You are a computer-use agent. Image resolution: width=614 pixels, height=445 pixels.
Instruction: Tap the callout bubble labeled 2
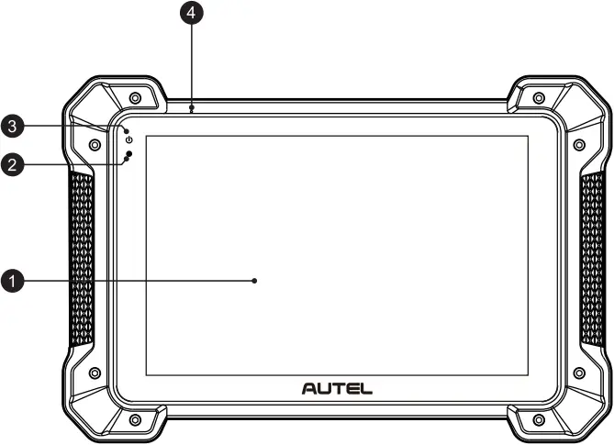tap(11, 165)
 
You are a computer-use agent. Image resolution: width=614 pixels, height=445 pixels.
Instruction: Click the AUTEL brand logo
tap(337, 388)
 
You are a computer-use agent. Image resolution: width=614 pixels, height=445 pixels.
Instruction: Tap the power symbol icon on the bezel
tap(129, 139)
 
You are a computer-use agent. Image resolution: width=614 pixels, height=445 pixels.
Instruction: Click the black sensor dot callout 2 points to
tap(130, 154)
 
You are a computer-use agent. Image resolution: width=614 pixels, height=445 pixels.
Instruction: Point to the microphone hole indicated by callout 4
tap(191, 108)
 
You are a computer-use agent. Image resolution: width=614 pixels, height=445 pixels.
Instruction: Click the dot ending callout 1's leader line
tap(255, 282)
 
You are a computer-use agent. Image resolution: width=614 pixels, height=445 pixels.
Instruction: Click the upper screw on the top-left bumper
tap(135, 97)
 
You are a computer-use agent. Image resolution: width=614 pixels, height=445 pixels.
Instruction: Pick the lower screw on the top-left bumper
tap(94, 144)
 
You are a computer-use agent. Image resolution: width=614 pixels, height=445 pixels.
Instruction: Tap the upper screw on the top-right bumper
tap(538, 97)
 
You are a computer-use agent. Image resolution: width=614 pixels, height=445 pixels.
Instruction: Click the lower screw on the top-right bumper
tap(578, 144)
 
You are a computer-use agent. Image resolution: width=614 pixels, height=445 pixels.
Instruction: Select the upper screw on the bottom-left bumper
tap(94, 373)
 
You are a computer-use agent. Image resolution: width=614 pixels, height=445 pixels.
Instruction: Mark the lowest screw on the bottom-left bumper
tap(135, 419)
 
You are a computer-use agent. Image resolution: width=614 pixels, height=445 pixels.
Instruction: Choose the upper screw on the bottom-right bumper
tap(578, 373)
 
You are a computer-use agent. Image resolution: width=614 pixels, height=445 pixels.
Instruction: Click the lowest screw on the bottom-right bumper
tap(538, 419)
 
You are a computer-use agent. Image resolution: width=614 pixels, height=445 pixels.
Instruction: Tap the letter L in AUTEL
tap(366, 388)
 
